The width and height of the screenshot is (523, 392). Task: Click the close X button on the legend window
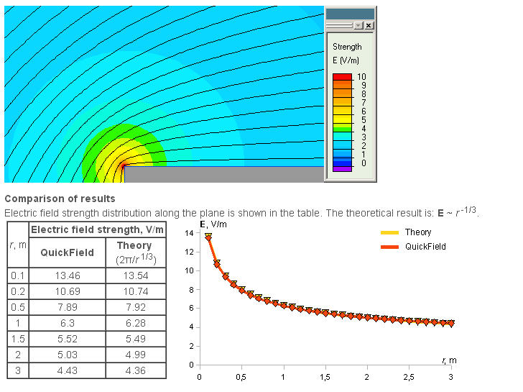(369, 25)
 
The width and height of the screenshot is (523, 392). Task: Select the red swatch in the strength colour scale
(342, 76)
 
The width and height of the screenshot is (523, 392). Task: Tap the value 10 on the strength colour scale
(363, 76)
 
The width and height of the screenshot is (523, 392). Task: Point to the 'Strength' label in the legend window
(347, 47)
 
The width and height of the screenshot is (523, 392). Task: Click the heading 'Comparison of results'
(60, 199)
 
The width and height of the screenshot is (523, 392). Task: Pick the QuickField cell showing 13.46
(67, 275)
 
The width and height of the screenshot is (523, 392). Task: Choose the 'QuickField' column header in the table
(67, 252)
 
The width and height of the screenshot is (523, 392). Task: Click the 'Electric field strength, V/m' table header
(98, 229)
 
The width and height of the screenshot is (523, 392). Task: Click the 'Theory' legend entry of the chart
(417, 232)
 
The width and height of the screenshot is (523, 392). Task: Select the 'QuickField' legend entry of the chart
(425, 247)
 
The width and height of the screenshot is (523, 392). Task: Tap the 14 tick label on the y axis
(189, 233)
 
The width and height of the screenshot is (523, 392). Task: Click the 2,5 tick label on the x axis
(409, 377)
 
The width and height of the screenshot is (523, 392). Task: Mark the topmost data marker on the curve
(208, 237)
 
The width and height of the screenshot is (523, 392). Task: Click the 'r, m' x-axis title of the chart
(449, 360)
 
